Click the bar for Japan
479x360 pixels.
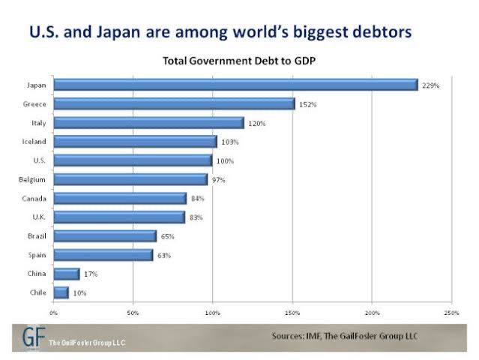point(235,85)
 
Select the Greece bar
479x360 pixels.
point(174,103)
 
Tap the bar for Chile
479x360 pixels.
point(61,292)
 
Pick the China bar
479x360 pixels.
point(66,274)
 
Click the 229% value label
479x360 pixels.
point(430,85)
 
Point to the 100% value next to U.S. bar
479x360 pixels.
point(225,161)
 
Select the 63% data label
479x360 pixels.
point(164,255)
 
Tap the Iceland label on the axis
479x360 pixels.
point(36,141)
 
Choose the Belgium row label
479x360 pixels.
point(34,179)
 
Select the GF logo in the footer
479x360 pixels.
point(29,337)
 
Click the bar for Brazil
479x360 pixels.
point(105,235)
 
